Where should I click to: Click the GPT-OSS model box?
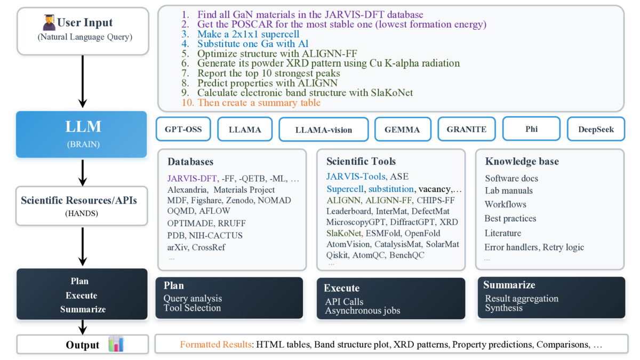[x=183, y=129]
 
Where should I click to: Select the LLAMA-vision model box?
[x=324, y=130]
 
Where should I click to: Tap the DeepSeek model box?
[x=596, y=129]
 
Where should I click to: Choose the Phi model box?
[x=531, y=129]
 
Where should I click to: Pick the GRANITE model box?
[x=467, y=129]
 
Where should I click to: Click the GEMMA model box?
[x=403, y=130]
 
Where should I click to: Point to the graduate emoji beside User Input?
[x=49, y=22]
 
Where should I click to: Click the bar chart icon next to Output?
[x=116, y=343]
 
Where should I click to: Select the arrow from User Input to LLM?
[x=83, y=82]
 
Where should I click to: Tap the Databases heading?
[x=190, y=162]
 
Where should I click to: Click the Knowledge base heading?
[x=522, y=161]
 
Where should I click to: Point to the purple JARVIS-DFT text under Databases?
[x=192, y=179]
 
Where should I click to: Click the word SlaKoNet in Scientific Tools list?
[x=344, y=233]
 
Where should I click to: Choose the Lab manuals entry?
[x=509, y=190]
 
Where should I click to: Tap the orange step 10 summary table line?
[x=251, y=102]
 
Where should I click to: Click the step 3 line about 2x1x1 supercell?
[x=241, y=34]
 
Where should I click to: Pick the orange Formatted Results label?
[x=215, y=345]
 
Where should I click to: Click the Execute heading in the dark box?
[x=342, y=288]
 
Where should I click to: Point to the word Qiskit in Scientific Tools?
[x=337, y=255]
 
